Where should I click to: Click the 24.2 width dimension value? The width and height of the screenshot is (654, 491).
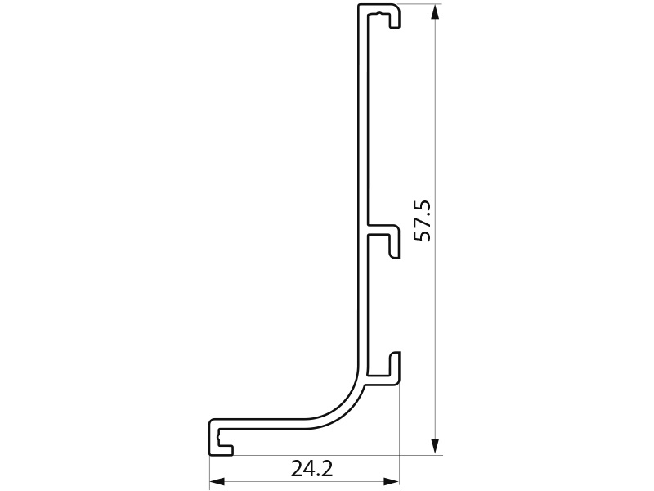(x=311, y=469)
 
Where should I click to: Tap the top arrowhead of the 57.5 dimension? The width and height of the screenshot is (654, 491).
(x=435, y=11)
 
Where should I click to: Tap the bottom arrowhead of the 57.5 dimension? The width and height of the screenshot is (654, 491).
(x=435, y=446)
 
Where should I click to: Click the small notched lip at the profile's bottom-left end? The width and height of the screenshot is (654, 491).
(x=220, y=440)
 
